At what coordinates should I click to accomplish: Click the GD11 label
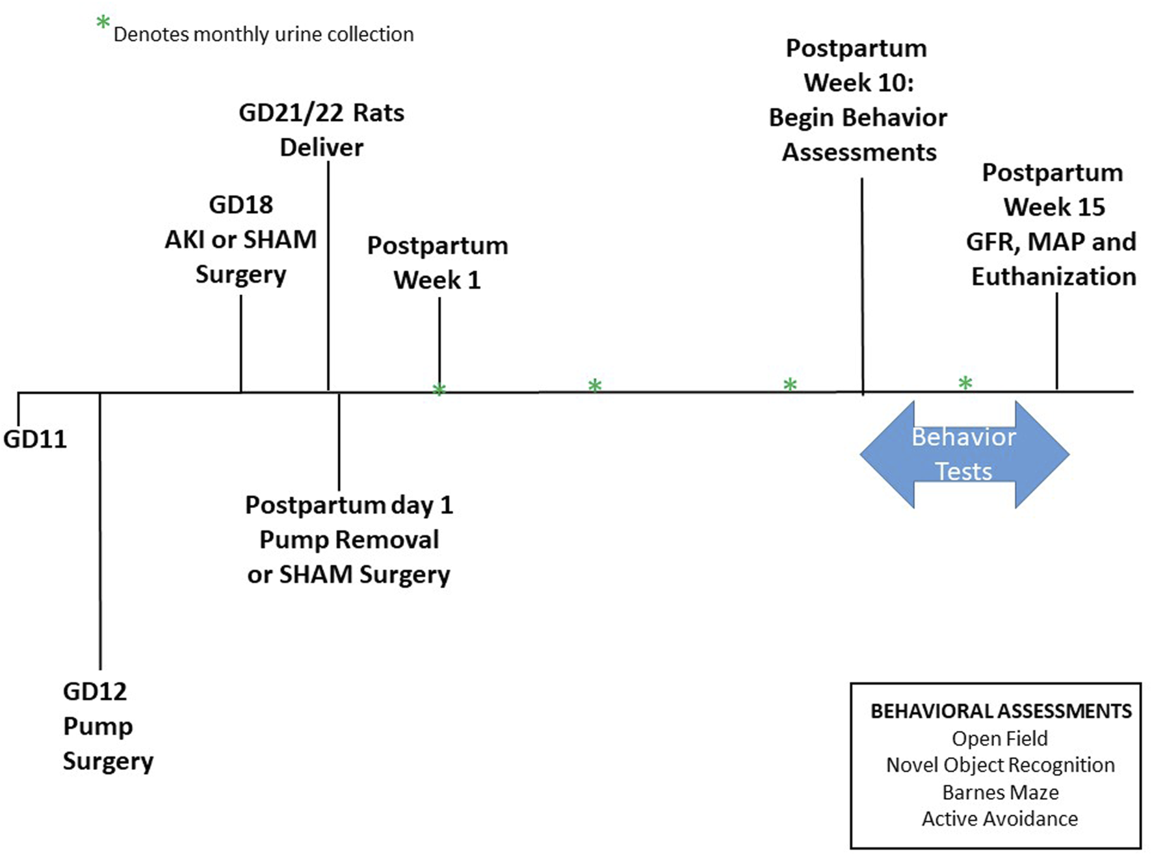click(35, 439)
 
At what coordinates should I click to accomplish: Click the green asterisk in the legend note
click(103, 23)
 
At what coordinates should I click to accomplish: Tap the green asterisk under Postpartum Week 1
click(439, 390)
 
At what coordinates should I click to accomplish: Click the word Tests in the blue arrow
click(963, 471)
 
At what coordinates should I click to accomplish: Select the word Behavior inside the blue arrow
click(963, 437)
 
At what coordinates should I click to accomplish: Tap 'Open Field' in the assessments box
click(999, 739)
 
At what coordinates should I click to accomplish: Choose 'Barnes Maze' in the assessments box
click(1000, 793)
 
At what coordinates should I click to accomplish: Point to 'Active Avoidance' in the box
click(999, 819)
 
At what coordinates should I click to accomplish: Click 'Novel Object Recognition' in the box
click(1000, 765)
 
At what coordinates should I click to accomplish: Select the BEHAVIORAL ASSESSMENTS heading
click(1001, 711)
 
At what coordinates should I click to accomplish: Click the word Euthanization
click(1053, 277)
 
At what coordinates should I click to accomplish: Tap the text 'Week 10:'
click(858, 83)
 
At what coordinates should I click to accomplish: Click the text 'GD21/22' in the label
click(290, 113)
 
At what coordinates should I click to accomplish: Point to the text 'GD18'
click(241, 205)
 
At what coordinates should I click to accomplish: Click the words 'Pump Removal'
click(349, 540)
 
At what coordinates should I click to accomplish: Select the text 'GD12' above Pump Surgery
click(95, 691)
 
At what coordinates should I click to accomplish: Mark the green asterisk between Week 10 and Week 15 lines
click(965, 383)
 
